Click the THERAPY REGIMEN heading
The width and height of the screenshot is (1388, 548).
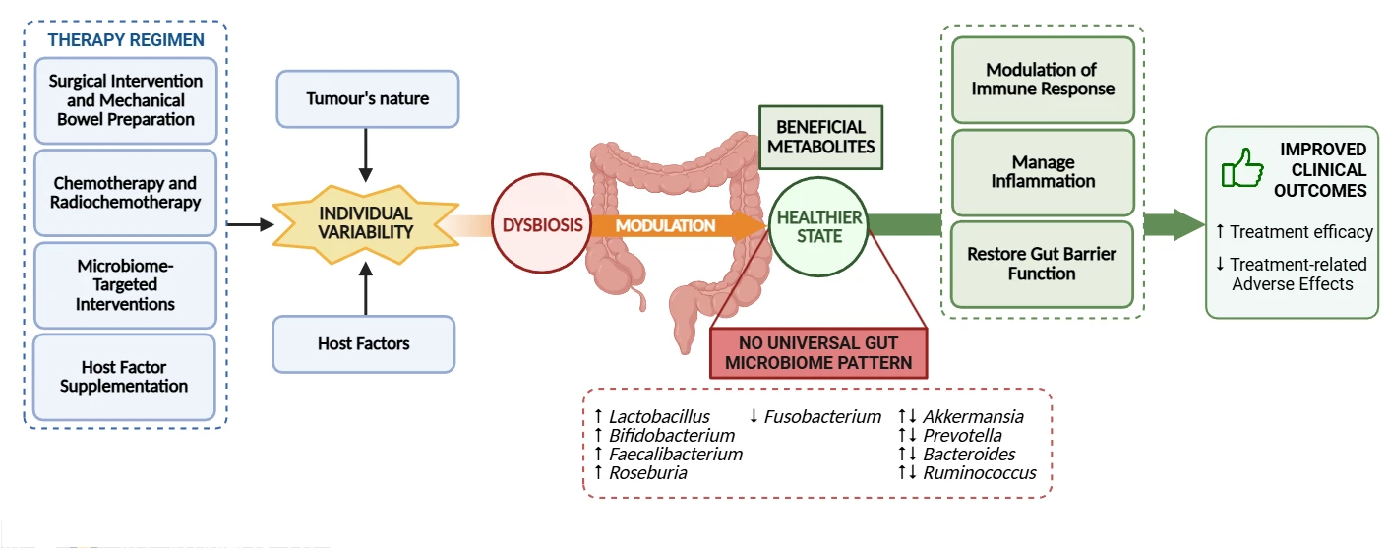tap(125, 40)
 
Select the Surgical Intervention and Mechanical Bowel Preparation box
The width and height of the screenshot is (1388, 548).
tap(125, 99)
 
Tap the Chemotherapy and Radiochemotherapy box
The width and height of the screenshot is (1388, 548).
tap(125, 192)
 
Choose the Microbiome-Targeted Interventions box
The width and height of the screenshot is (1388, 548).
tap(125, 284)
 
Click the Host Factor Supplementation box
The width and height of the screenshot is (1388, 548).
tap(125, 376)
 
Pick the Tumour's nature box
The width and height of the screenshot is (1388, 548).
tap(367, 98)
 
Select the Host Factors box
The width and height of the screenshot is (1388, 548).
tap(363, 343)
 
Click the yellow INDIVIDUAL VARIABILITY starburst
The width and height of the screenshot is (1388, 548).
tap(365, 222)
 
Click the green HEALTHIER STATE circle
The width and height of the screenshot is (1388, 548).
tap(818, 226)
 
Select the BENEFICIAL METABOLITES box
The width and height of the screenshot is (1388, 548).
tap(819, 137)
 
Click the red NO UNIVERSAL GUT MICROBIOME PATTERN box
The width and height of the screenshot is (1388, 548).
tap(818, 352)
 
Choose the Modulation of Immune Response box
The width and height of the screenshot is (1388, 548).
tap(1042, 79)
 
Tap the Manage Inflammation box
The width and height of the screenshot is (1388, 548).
tap(1042, 171)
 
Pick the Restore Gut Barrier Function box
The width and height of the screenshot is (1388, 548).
tap(1042, 263)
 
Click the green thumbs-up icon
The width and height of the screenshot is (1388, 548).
tap(1241, 168)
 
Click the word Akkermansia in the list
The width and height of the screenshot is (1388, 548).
tap(973, 417)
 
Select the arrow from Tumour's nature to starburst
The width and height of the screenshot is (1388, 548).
tap(366, 153)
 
